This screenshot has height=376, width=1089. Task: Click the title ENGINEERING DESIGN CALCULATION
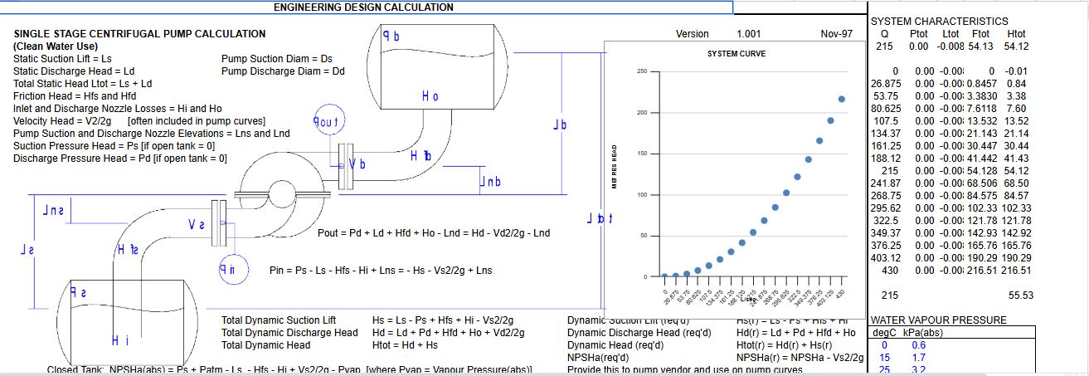tap(363, 7)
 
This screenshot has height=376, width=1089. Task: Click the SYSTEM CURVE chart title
tap(736, 54)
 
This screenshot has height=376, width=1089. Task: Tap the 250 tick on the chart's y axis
tap(641, 71)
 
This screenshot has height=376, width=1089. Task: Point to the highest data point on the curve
tap(842, 99)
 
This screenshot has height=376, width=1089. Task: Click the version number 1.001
tap(750, 34)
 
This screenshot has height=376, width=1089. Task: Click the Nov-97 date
tap(836, 34)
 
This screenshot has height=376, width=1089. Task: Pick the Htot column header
tap(1014, 33)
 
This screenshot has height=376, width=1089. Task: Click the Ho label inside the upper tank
tap(430, 97)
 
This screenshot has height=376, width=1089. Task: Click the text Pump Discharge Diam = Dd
tap(283, 71)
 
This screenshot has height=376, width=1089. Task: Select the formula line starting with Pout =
tap(433, 233)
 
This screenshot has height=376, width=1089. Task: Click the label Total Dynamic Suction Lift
tap(279, 320)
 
